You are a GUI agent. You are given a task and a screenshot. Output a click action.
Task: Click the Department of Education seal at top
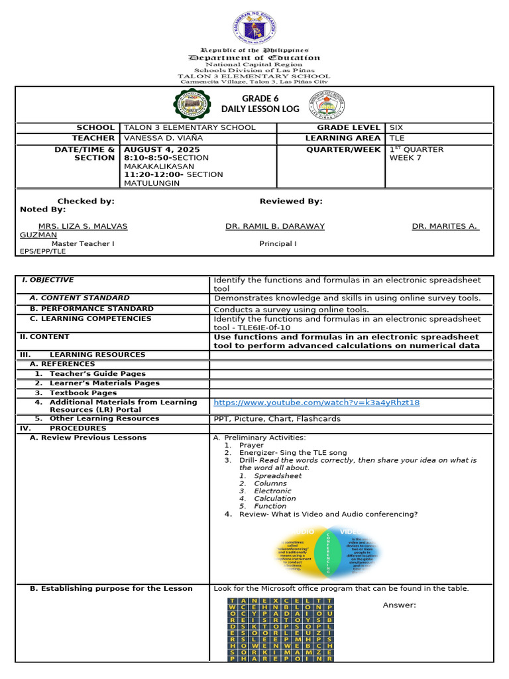(254, 27)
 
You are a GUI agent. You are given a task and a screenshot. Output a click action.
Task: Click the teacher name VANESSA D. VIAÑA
(163, 138)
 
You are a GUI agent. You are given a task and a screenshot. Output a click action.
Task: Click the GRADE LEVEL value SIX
(396, 127)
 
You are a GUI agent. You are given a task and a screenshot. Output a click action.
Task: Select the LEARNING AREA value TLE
(396, 138)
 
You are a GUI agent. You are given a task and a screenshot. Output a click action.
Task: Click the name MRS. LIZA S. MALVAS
(83, 226)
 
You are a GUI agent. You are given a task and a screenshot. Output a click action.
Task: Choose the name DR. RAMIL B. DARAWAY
(275, 226)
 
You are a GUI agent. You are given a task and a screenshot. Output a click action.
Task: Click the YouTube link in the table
(316, 402)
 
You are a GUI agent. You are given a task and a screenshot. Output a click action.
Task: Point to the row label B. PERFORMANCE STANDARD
(91, 308)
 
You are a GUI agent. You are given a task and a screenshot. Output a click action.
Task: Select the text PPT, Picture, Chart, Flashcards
(277, 418)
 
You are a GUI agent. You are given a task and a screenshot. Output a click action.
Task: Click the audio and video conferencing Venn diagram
(327, 550)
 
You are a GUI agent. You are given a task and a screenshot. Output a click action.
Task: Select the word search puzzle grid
(281, 629)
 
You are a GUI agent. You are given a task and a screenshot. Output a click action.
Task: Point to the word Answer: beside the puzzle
(399, 605)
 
